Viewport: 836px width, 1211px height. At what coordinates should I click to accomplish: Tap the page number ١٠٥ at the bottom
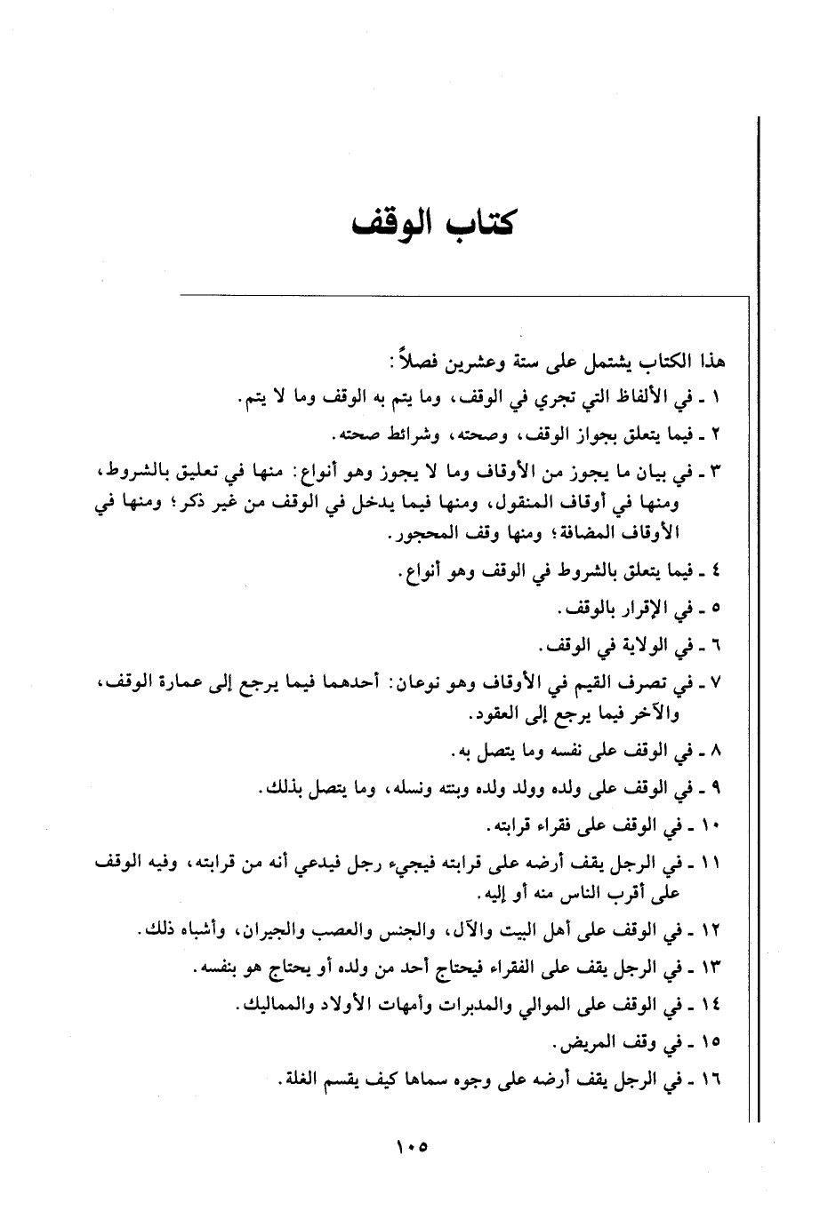(x=410, y=1147)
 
